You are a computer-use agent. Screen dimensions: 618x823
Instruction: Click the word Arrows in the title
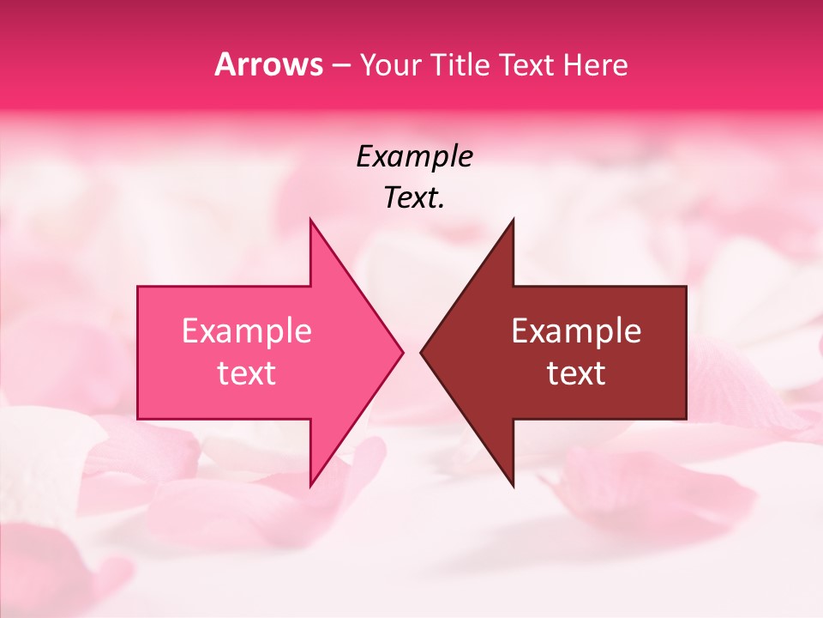(x=268, y=65)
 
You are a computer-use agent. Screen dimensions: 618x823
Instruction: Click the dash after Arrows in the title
(x=340, y=66)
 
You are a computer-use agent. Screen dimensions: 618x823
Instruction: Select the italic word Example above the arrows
(x=414, y=157)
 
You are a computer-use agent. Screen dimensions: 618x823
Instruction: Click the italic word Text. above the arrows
(x=414, y=198)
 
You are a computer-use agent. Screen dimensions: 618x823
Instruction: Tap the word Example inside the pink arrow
(x=247, y=331)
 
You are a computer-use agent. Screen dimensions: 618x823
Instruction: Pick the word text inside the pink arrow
(x=247, y=373)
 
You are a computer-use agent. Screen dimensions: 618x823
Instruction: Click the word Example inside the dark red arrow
(x=576, y=331)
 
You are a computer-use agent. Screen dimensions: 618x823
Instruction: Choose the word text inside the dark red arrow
(x=576, y=373)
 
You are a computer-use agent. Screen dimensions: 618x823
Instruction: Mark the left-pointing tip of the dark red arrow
(x=422, y=352)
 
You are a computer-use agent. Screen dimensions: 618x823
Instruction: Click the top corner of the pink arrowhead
(x=311, y=221)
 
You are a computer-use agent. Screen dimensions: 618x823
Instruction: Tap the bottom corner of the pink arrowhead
(x=311, y=486)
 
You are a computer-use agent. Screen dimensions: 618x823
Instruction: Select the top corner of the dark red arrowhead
(x=513, y=221)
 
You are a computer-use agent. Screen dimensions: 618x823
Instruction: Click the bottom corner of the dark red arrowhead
(x=513, y=486)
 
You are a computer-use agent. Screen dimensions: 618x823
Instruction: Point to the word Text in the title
(x=528, y=65)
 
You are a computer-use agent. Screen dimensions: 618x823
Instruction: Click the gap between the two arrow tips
(x=411, y=352)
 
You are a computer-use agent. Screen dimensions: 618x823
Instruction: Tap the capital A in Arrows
(x=225, y=65)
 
